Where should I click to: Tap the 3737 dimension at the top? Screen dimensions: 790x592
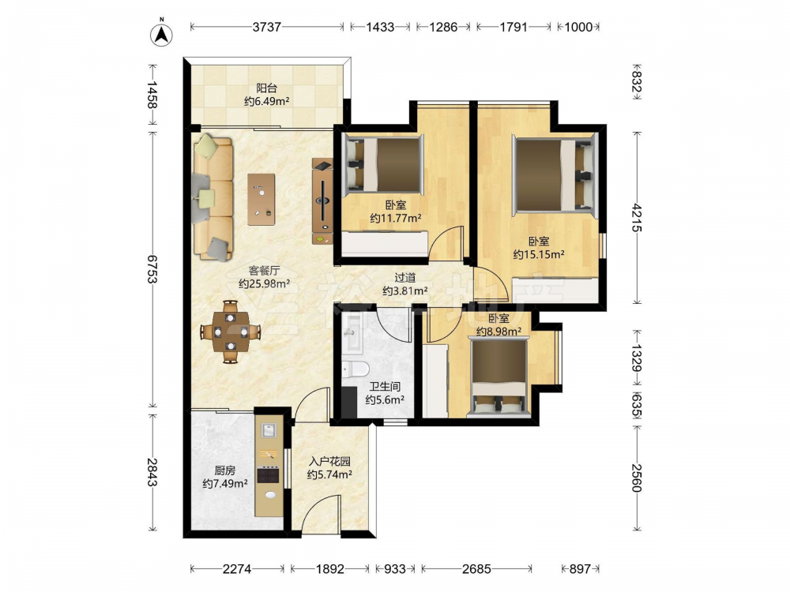point(266,27)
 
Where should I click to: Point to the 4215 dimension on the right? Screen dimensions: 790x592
point(637,218)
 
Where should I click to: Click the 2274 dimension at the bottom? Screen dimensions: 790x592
point(237,569)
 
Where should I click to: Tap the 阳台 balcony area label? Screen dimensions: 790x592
point(266,88)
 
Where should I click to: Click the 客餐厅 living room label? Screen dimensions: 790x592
point(264,270)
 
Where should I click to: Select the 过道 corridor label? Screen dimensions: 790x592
point(405,277)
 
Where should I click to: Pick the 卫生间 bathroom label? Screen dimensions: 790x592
point(385,387)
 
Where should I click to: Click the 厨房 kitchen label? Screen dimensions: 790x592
point(224,470)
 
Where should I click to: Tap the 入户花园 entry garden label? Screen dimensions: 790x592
point(329,462)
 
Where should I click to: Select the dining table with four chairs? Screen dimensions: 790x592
point(231,332)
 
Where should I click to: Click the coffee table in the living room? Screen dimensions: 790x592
point(261,200)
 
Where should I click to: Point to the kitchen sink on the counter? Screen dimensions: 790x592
point(269,430)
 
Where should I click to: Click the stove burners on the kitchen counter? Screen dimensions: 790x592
point(269,474)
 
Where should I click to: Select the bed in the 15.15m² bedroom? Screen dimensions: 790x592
point(554,174)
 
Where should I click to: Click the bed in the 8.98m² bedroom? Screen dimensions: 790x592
point(498,377)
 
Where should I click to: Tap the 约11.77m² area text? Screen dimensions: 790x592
point(396,219)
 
